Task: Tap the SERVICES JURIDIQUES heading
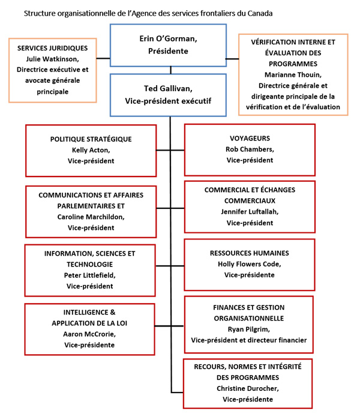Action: [x=53, y=48]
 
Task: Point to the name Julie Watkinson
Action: [x=53, y=59]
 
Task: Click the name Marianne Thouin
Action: [x=293, y=74]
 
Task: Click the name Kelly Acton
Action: [x=90, y=150]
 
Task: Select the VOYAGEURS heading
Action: [x=250, y=137]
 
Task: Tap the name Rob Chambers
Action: [x=250, y=149]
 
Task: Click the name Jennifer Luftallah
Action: [x=250, y=211]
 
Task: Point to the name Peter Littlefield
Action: [x=90, y=275]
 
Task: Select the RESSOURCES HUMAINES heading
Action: [x=250, y=253]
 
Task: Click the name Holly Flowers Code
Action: [x=250, y=264]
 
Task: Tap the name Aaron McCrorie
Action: [x=89, y=334]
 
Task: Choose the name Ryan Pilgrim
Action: [x=250, y=329]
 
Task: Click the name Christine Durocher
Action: [x=249, y=388]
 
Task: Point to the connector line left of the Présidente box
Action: [x=103, y=58]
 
